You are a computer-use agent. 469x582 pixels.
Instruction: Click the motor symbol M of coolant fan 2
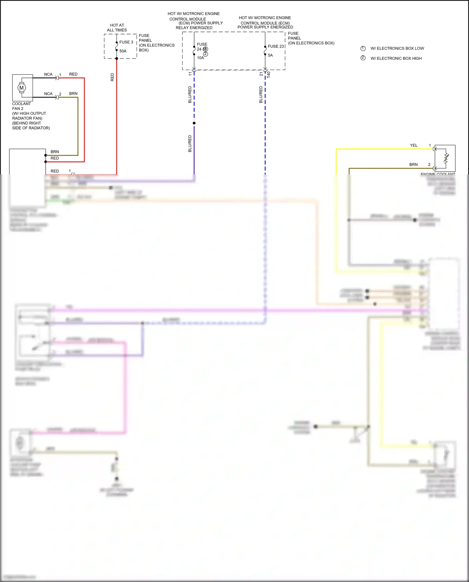point(22,88)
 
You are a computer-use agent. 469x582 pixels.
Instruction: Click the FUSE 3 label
point(126,42)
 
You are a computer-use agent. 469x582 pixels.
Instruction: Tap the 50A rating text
point(123,51)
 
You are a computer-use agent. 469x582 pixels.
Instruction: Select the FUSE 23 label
point(276,46)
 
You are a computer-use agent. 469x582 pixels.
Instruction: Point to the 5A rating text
point(270,55)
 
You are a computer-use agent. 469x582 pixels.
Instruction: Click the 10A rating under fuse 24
point(200,58)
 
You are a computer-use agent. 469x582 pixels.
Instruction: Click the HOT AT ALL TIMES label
point(117,28)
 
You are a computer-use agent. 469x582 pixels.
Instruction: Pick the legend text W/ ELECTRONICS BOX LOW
point(397,48)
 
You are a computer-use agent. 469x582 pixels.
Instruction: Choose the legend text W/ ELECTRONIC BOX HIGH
point(396,58)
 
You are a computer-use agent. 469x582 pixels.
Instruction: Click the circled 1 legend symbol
point(363,48)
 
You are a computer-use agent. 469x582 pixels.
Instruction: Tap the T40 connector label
point(269,75)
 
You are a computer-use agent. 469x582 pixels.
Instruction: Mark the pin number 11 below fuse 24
point(190,74)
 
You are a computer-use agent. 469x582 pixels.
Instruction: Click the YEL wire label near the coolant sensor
point(414,145)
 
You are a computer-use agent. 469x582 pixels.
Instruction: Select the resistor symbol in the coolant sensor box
point(446,159)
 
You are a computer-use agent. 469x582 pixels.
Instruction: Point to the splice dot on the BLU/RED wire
point(194,123)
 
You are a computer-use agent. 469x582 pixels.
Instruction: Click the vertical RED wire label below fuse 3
point(113,77)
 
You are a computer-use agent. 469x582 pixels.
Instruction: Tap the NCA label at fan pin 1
point(48,74)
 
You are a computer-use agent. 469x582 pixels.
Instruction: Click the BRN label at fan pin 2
point(73,94)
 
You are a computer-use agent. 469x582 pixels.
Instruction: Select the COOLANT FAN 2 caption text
point(21,106)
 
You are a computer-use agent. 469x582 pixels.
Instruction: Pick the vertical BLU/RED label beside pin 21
point(261,94)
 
